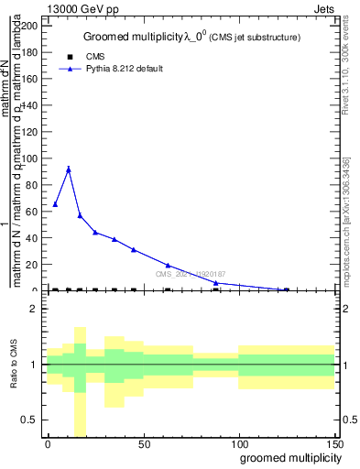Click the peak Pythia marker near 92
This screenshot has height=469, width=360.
68,169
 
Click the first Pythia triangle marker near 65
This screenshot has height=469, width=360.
55,204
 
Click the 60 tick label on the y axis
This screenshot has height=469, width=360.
31,212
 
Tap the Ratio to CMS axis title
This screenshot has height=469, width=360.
15,365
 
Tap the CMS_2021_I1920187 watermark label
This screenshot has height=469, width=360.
190,273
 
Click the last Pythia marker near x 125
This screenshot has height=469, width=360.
287,289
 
